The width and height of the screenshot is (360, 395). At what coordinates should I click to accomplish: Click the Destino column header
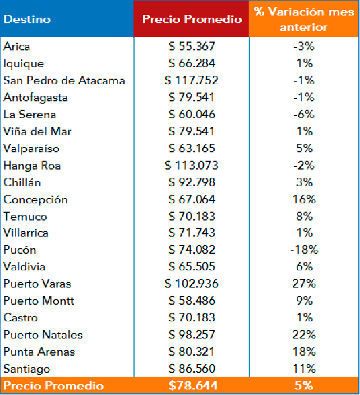pos(27,19)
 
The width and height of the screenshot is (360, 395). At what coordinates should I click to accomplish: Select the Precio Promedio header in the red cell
pos(192,19)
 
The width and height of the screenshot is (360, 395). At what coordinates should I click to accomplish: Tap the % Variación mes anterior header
pos(304,19)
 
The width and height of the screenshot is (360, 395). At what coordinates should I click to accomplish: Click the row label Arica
pos(17,47)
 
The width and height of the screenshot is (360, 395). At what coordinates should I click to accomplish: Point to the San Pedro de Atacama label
pos(64,80)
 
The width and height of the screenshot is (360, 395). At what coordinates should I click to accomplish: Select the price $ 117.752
pos(192,80)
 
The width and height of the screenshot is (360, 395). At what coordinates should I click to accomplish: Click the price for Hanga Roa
pos(192,165)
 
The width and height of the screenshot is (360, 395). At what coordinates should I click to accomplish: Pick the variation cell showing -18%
pos(304,250)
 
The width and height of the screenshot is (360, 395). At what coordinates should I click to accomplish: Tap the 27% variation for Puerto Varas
pos(304,284)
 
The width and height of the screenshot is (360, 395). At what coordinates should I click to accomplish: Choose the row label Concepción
pos(35,199)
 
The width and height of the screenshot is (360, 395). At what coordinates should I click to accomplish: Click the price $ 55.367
pos(192,47)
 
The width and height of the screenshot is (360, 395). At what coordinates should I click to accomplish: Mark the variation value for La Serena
pos(304,114)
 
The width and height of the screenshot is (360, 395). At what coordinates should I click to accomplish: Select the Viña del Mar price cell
pos(192,131)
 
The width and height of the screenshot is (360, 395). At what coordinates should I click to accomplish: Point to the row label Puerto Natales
pos(43,335)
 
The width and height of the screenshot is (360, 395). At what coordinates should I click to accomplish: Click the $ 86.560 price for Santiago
pos(192,368)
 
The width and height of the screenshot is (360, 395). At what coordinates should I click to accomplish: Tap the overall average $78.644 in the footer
pos(192,386)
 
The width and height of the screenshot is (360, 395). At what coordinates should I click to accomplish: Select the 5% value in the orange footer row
pos(304,386)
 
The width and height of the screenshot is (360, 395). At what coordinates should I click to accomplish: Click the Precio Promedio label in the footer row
pos(53,386)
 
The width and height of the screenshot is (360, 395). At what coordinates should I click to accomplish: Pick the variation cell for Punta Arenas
pos(304,352)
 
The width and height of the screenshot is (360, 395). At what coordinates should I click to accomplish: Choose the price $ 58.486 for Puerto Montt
pos(192,301)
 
